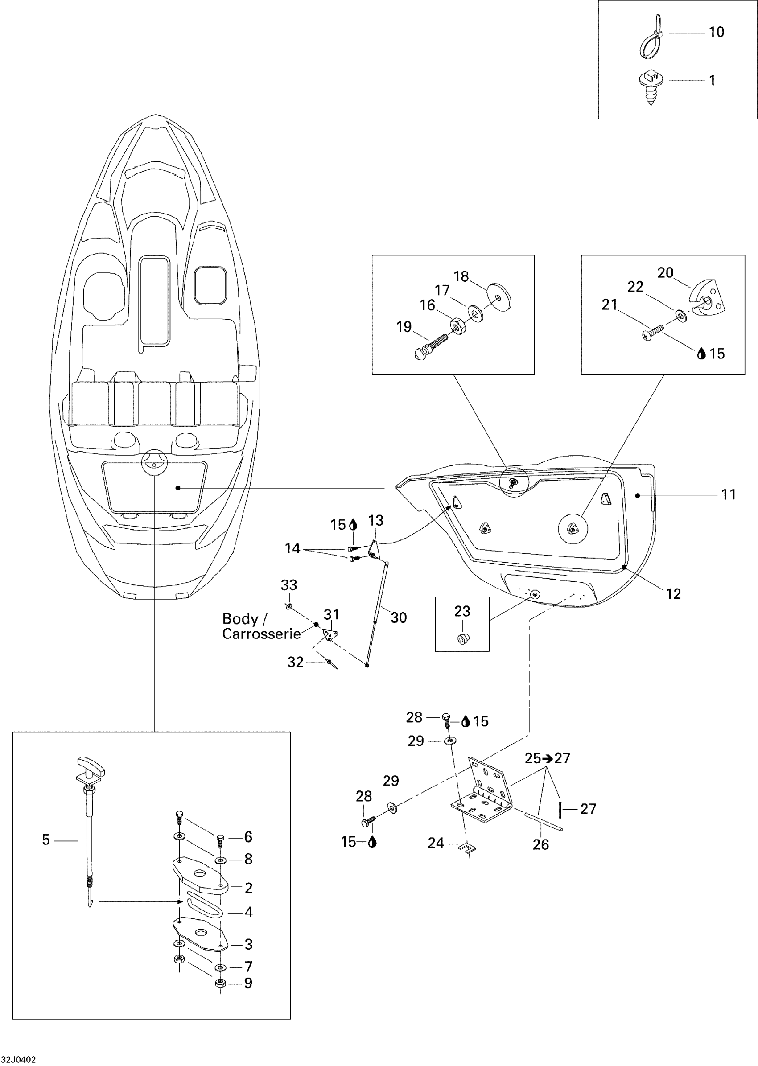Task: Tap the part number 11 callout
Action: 729,494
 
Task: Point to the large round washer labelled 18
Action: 499,295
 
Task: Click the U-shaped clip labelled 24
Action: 467,848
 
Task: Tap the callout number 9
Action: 248,983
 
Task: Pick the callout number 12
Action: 673,594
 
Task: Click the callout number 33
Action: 289,585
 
